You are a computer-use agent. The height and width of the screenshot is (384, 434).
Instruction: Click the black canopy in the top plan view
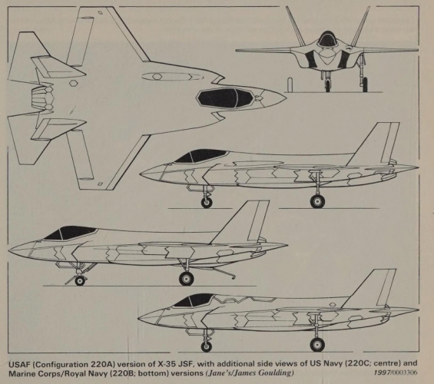(225, 98)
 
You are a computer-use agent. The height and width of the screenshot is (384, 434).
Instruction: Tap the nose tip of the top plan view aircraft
(287, 98)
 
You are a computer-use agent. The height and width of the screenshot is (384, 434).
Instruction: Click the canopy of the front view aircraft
(327, 38)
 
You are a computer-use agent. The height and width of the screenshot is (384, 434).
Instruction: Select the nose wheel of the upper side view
(207, 203)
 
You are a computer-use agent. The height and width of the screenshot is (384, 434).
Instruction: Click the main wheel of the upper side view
(317, 201)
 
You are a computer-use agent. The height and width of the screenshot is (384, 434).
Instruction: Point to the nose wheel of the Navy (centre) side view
(80, 281)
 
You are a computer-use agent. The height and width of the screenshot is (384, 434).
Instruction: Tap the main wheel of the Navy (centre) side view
(187, 278)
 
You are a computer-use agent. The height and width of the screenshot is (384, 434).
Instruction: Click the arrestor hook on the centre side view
(224, 272)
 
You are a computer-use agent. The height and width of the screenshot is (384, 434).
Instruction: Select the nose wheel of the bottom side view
(206, 346)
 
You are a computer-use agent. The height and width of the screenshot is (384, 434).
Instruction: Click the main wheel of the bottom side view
(317, 345)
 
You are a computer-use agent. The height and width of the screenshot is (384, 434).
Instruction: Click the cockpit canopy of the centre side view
(69, 233)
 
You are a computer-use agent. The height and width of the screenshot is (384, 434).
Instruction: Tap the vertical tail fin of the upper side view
(376, 144)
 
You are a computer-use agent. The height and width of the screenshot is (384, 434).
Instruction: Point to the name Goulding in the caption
(275, 373)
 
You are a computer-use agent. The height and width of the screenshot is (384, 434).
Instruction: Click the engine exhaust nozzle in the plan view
(41, 98)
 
